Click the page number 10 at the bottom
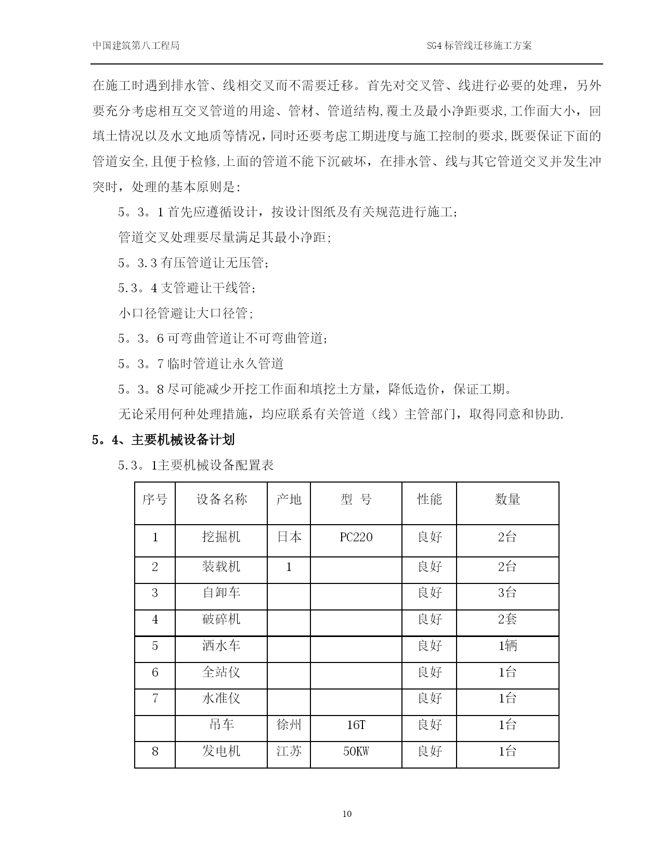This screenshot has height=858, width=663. pyautogui.click(x=347, y=814)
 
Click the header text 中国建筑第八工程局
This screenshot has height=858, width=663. pyautogui.click(x=136, y=46)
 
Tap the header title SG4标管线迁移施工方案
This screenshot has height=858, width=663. pyautogui.click(x=479, y=46)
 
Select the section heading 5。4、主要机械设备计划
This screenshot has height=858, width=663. pyautogui.click(x=163, y=440)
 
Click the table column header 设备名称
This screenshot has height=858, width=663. pyautogui.click(x=221, y=500)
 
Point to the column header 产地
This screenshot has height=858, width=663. pyautogui.click(x=289, y=500)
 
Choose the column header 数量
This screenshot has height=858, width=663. pyautogui.click(x=508, y=500)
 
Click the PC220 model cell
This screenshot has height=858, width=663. pyautogui.click(x=356, y=537)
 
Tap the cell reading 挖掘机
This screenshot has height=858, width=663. pyautogui.click(x=221, y=537)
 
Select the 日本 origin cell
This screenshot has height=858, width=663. pyautogui.click(x=289, y=537)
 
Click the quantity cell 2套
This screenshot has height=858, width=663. pyautogui.click(x=508, y=619)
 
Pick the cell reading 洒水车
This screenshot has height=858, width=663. pyautogui.click(x=221, y=646)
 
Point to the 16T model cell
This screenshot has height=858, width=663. pyautogui.click(x=356, y=725)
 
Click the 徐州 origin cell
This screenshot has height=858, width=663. pyautogui.click(x=289, y=725)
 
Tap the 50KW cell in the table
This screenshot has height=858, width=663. pyautogui.click(x=356, y=751)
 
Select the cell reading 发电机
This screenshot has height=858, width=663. pyautogui.click(x=221, y=751)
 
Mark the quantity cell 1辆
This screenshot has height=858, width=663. pyautogui.click(x=508, y=646)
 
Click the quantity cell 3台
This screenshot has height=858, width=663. pyautogui.click(x=508, y=593)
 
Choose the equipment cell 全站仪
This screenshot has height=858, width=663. pyautogui.click(x=221, y=672)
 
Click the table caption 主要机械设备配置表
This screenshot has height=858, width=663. pyautogui.click(x=215, y=465)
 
